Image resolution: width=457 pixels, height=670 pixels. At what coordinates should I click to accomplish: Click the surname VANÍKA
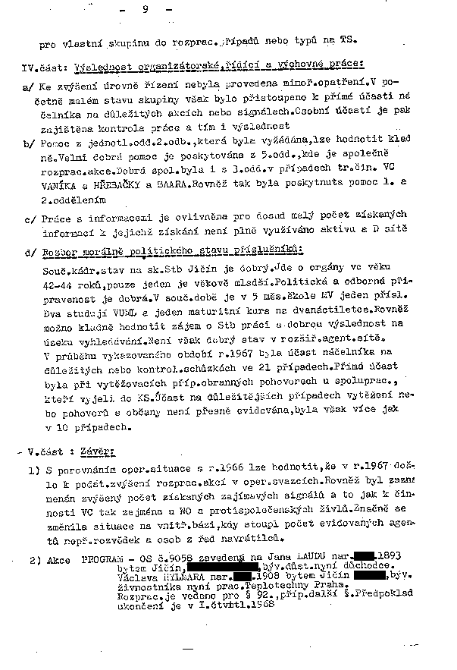click(x=66, y=187)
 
